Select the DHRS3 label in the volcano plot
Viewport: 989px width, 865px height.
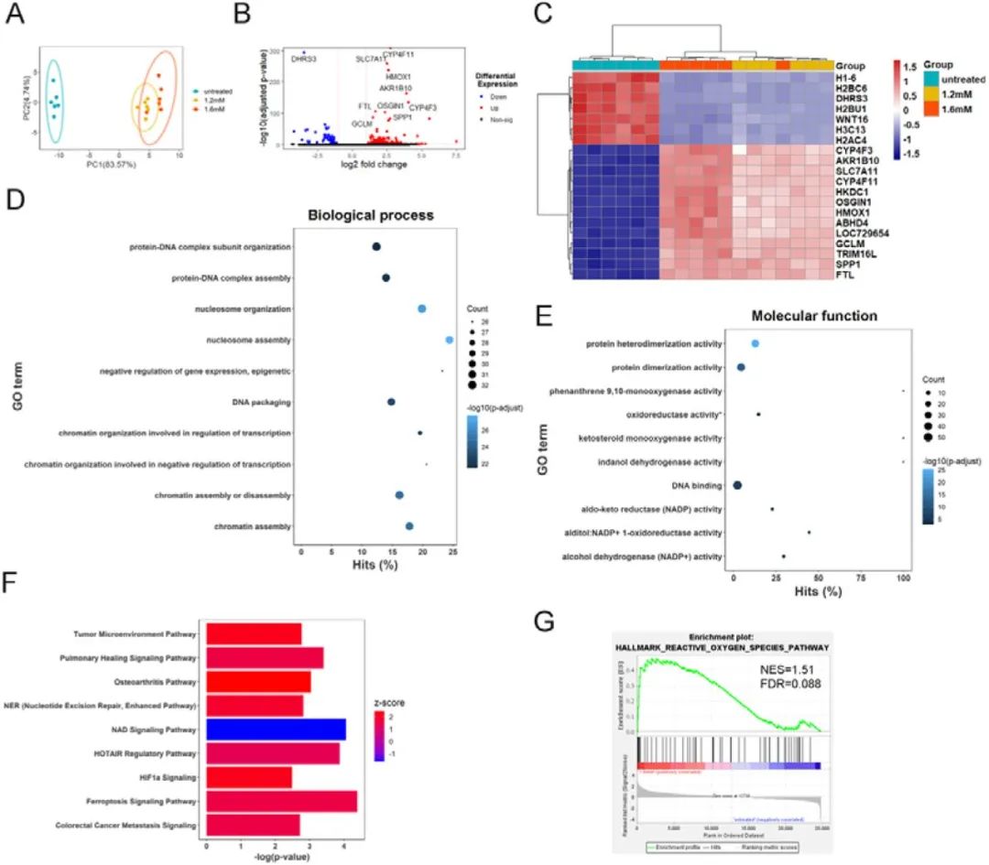point(303,59)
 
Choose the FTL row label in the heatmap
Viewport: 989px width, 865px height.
point(847,273)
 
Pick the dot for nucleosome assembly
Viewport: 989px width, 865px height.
point(450,341)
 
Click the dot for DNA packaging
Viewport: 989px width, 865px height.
point(391,402)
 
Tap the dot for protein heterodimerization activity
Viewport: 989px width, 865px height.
point(755,343)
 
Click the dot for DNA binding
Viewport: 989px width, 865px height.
point(737,485)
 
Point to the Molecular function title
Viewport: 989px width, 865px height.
point(814,317)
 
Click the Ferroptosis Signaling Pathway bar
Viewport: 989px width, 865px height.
point(281,802)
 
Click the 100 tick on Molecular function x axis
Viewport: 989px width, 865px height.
point(904,578)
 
